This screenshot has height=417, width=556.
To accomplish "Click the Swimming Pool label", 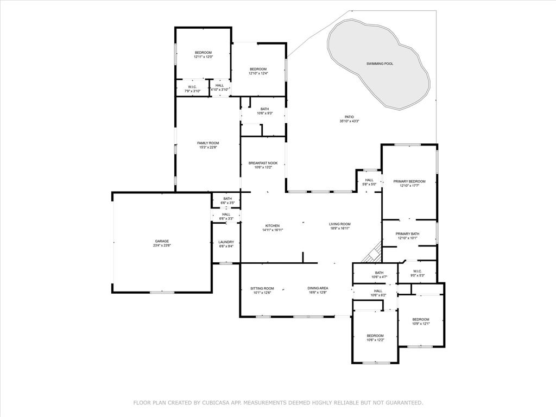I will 380,64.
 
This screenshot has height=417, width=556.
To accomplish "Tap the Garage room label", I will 162,241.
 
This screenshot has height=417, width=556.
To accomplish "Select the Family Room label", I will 208,143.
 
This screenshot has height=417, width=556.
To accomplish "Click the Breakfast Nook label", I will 263,163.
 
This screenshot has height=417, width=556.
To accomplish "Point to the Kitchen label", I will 272,225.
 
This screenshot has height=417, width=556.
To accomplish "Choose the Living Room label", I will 339,224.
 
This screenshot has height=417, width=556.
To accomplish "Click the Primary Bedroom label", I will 409,181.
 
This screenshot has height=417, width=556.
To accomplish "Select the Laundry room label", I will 226,242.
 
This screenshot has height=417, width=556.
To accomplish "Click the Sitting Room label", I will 262,288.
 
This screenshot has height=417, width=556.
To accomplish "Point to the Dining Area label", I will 318,288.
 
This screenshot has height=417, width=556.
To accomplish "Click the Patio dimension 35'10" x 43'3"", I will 349,121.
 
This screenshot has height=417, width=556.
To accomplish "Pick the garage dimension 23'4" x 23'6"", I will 162,245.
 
